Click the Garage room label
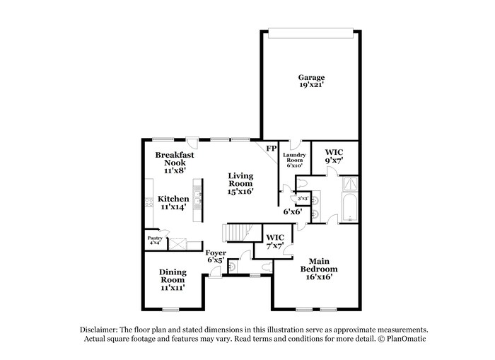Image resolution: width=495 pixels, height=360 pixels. click(x=311, y=77)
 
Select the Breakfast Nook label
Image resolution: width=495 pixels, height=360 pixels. click(x=175, y=159)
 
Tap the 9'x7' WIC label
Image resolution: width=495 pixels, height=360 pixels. click(x=334, y=156)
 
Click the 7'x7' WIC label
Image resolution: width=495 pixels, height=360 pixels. click(x=274, y=240)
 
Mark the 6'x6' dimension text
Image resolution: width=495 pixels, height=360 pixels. click(x=293, y=211)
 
